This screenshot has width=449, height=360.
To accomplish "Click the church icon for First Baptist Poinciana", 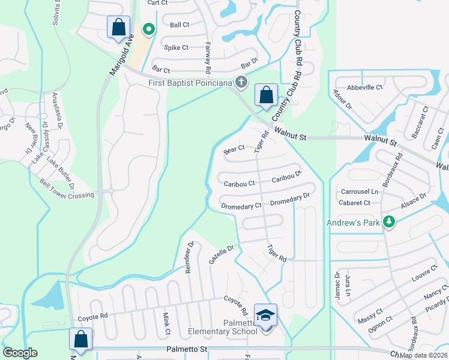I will [x=241, y=82].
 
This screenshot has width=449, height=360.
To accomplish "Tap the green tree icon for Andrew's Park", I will [x=389, y=223].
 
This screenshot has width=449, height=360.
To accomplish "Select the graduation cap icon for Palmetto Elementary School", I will [x=266, y=315].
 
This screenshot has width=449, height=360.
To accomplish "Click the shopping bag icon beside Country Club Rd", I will [x=266, y=95].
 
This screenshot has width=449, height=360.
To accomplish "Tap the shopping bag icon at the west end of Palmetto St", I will [x=81, y=339].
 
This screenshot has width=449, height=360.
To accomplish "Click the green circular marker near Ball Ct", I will [x=147, y=28].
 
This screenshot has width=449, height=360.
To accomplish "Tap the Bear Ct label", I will [x=234, y=148].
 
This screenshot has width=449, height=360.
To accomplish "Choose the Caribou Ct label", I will [x=239, y=183].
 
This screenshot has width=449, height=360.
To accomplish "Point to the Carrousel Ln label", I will [x=360, y=192].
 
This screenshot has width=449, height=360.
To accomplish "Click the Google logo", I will [x=20, y=353].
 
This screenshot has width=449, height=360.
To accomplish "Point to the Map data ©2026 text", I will [x=423, y=355].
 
